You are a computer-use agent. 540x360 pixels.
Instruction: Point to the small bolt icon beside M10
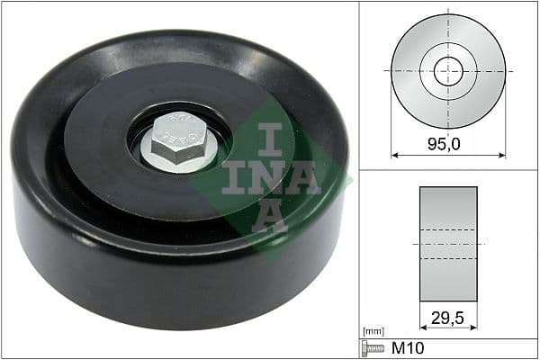tap(372, 347)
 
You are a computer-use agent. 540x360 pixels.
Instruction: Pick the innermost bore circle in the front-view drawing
tap(448, 70)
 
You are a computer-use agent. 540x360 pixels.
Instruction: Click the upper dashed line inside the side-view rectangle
tap(448, 229)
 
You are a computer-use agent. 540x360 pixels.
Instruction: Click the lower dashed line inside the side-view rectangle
tap(448, 259)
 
